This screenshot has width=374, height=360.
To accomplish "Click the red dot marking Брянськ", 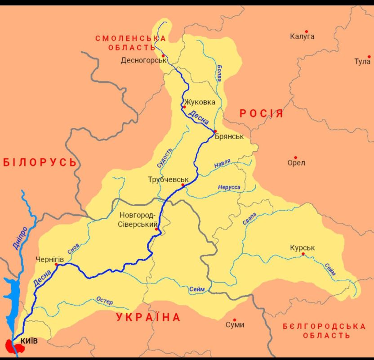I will click(215, 131).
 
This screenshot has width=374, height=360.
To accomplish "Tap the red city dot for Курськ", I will click(303, 254).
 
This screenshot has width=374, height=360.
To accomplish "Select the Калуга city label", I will click(302, 36).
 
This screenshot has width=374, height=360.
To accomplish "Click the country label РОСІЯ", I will click(261, 113).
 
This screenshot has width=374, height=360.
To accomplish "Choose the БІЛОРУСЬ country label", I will click(40, 162).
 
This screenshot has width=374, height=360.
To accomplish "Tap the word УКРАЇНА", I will click(148, 317).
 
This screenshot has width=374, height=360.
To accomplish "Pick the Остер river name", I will click(104, 301).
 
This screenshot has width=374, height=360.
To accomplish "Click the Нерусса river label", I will click(229, 187).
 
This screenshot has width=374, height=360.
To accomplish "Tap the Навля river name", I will click(222, 162).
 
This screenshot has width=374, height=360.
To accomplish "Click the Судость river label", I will click(165, 157).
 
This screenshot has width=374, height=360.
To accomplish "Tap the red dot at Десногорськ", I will click(164, 56).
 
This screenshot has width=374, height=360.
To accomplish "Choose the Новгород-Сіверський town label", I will click(138, 219).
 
